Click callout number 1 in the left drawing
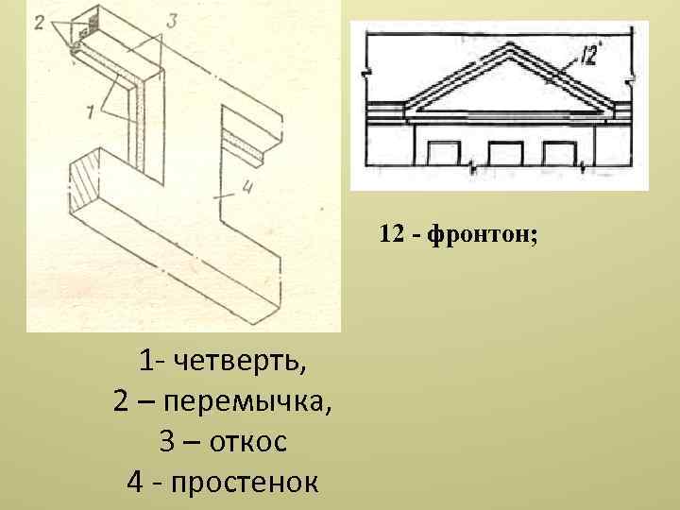[89, 113]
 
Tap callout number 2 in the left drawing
[40, 22]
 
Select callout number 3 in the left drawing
[170, 20]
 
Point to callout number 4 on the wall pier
[247, 187]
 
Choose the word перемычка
[247, 400]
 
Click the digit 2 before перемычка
[122, 400]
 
